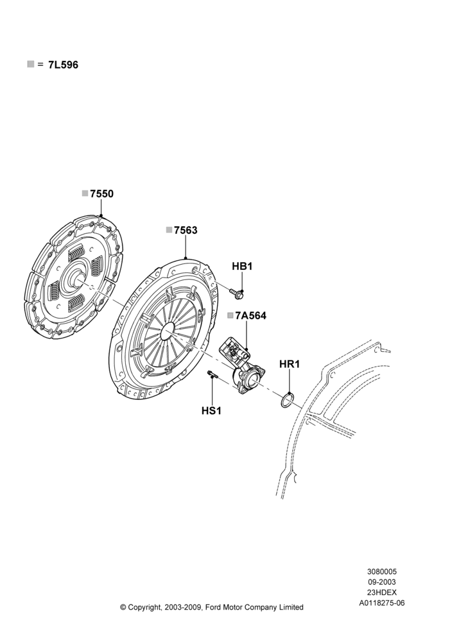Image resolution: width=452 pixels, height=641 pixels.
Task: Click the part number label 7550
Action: [102, 194]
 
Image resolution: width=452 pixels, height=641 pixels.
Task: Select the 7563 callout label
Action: [186, 231]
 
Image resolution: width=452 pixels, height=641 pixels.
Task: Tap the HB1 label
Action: [243, 267]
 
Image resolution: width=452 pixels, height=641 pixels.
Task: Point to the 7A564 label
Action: [250, 315]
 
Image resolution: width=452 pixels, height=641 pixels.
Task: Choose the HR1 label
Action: [290, 364]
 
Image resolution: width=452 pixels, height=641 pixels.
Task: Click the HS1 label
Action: [211, 410]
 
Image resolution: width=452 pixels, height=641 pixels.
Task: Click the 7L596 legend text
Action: [63, 65]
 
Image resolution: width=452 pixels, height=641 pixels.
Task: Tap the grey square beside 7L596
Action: [31, 63]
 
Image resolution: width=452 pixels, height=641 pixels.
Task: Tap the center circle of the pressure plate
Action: [168, 330]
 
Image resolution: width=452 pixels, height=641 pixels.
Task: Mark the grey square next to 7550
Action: [85, 194]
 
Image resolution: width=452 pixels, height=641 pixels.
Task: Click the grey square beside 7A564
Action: [230, 315]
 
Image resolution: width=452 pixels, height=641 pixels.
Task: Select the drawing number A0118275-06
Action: [382, 603]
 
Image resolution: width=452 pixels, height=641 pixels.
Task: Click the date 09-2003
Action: [382, 582]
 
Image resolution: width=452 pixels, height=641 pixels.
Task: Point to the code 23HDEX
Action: [382, 592]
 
